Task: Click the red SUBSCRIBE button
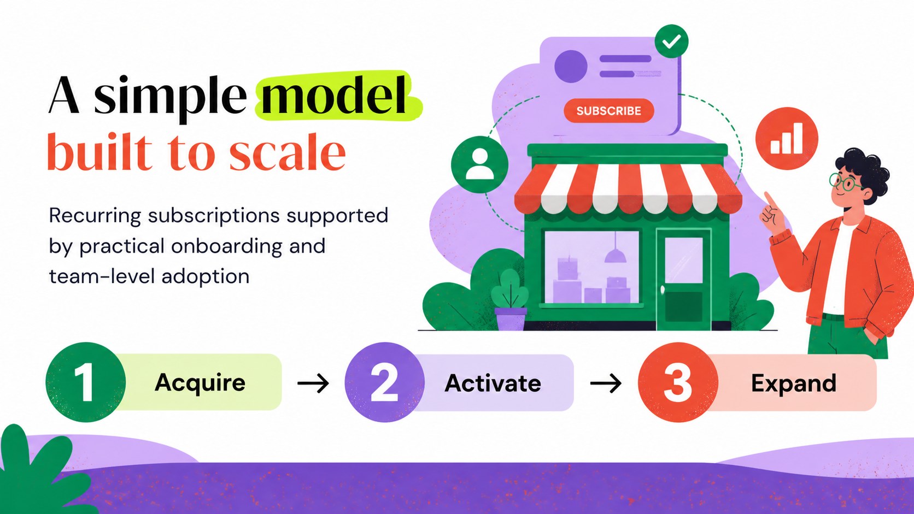[609, 110]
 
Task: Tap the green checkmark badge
[671, 41]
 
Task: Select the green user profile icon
[479, 164]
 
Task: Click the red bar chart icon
[787, 139]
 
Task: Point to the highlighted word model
[334, 95]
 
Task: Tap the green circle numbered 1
[86, 382]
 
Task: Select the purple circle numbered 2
[384, 382]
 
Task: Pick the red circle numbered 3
[678, 382]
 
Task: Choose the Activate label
[493, 383]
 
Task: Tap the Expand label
[794, 383]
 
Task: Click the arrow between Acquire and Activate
[313, 383]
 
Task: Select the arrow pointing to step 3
[606, 383]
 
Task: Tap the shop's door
[683, 279]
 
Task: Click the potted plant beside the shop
[509, 299]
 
